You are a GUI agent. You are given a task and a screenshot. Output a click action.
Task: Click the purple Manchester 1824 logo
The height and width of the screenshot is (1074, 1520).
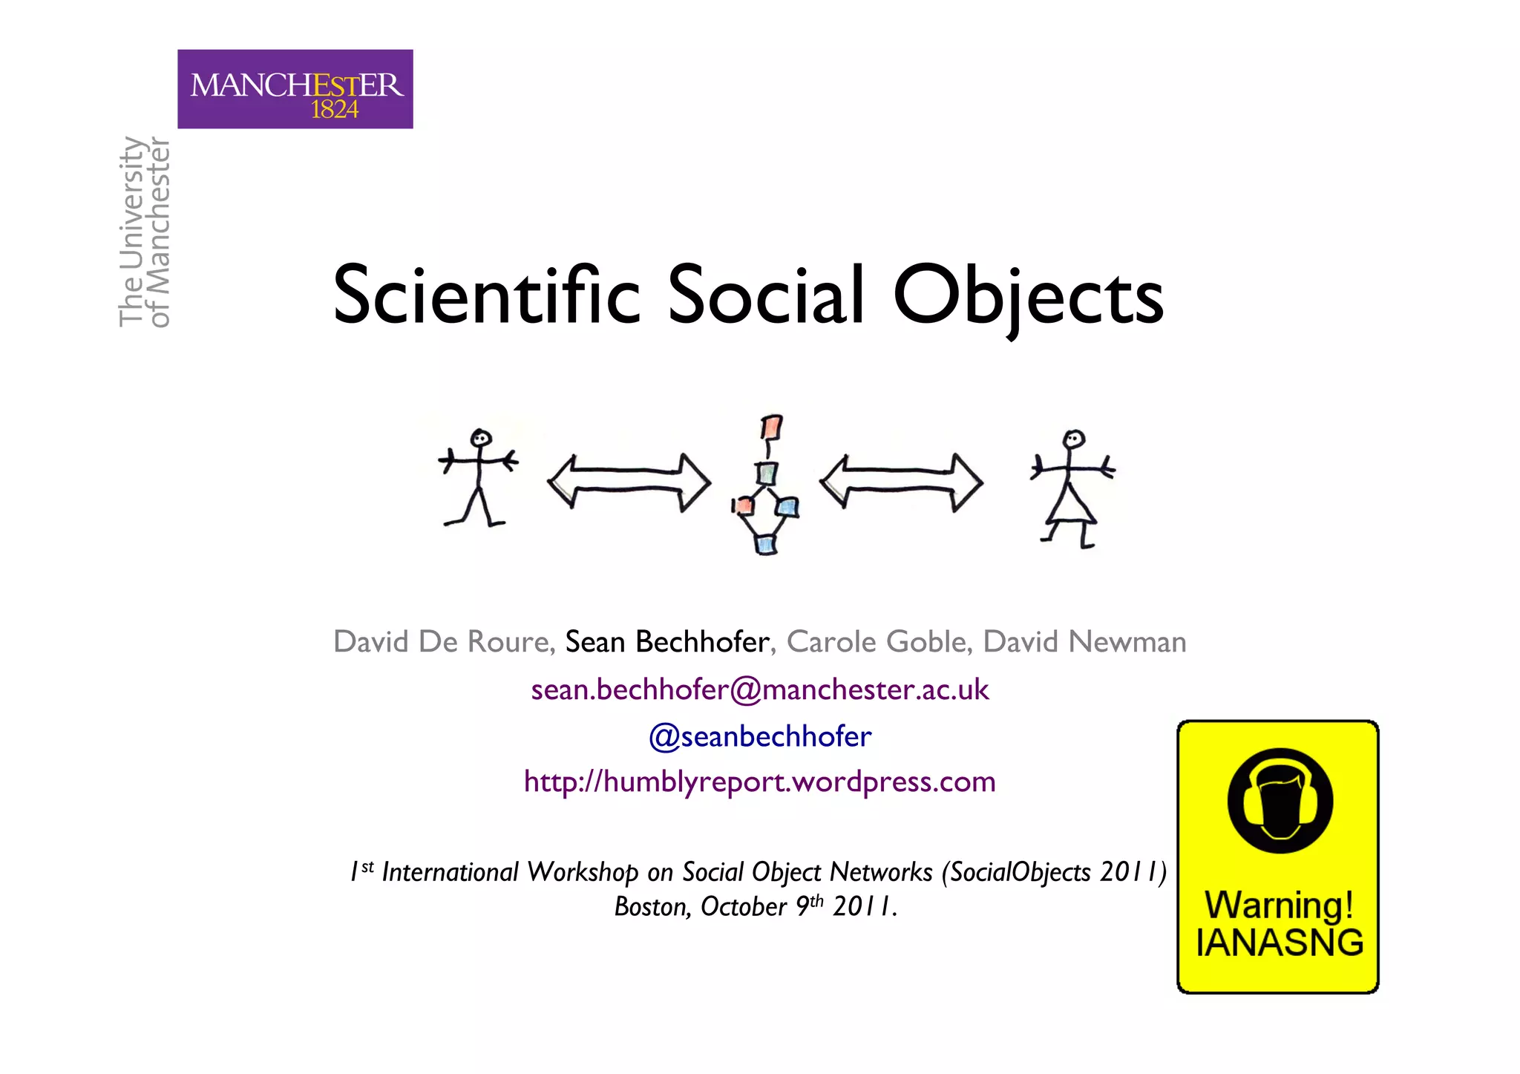(295, 89)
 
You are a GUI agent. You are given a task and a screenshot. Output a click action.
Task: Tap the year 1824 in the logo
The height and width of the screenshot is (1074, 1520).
(335, 110)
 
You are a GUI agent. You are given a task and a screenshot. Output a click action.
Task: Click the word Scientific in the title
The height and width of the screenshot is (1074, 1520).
(486, 295)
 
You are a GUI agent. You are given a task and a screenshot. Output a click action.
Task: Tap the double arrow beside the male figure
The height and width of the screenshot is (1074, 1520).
(629, 482)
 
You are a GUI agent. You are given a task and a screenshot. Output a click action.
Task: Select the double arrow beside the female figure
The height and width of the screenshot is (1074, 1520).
(901, 482)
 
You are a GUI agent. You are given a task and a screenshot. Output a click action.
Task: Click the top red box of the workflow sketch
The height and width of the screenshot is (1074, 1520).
(772, 428)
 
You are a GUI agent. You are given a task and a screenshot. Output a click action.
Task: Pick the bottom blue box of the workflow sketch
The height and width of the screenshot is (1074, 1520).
(766, 544)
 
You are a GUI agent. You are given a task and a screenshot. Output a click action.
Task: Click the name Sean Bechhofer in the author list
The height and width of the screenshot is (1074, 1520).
(666, 642)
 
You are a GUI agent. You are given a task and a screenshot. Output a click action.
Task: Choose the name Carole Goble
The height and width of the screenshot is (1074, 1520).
(876, 642)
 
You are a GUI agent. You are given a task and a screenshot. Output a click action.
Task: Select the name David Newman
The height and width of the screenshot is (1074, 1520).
(1084, 642)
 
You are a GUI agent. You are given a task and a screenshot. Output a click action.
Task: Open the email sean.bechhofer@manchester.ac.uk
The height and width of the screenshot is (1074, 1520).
(760, 690)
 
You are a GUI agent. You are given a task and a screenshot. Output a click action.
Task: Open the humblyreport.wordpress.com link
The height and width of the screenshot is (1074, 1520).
(760, 782)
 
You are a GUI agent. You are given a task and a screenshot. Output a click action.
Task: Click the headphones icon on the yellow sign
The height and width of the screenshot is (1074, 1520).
(1280, 801)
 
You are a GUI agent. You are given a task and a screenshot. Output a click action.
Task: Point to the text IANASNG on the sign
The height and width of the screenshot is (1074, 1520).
(1280, 943)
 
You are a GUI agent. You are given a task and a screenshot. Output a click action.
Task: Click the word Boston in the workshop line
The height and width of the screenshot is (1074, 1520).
(651, 907)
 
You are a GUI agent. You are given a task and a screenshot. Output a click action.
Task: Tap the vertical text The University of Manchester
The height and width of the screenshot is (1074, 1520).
(145, 232)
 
